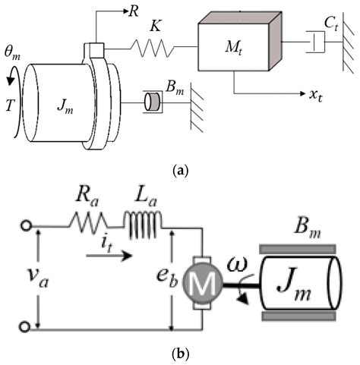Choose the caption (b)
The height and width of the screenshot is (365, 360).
pos(179,355)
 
